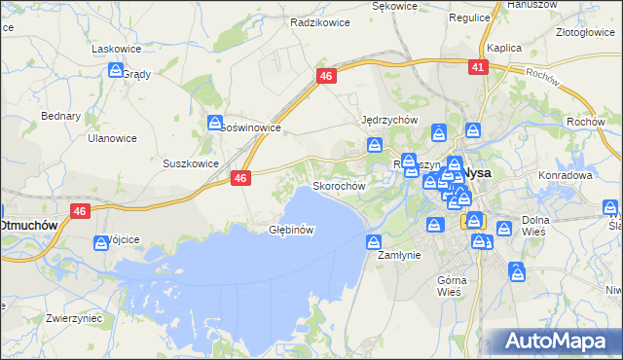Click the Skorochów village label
coord(338,185)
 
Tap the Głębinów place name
coord(290,231)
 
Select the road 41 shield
coord(476,67)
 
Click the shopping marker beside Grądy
coord(116,71)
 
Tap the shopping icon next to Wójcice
coord(100,243)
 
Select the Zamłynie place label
coord(397,255)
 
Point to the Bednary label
coord(60,115)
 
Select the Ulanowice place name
coord(112,138)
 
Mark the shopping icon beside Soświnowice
coord(215,123)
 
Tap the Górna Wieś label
coord(454,286)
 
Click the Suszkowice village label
coord(191,163)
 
